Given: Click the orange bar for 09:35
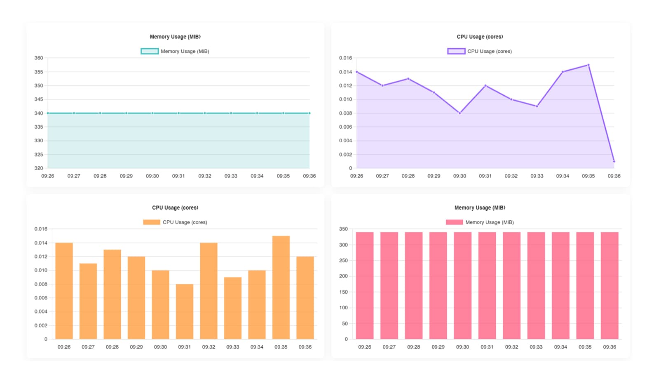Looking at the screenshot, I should tap(281, 288).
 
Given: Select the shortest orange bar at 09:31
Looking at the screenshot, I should tap(185, 311).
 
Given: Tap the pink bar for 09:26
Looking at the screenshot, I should tap(365, 285).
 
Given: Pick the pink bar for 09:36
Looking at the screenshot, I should tap(609, 285).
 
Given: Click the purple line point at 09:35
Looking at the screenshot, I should tap(588, 65).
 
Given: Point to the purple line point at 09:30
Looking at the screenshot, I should tap(460, 113).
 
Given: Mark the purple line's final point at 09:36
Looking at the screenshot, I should tap(614, 161).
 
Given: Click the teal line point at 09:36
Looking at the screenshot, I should tap(309, 113).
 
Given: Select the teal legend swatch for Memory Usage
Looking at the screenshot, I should tap(150, 51).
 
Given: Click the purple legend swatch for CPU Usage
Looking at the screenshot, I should tap(456, 51).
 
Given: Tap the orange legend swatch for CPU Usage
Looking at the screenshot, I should tap(152, 222).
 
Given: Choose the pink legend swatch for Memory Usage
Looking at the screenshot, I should tap(455, 222).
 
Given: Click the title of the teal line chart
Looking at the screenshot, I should tap(175, 37).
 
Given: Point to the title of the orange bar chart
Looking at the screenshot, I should tap(175, 208).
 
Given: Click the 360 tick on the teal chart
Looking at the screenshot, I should tap(39, 58).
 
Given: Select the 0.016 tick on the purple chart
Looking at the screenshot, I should tap(345, 58).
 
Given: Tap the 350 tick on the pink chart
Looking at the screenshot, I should tap(343, 229).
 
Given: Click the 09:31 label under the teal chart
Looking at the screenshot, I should tap(178, 176).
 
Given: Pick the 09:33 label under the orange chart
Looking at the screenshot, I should tap(233, 347).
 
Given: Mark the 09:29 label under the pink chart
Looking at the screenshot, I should tap(438, 347).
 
